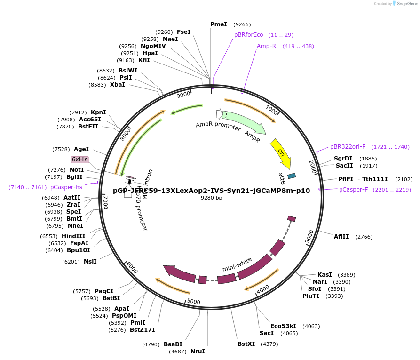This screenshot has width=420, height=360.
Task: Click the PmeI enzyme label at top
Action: click(x=218, y=24)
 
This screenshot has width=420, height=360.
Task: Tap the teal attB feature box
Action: click(x=292, y=176)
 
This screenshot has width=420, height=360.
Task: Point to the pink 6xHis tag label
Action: click(x=79, y=160)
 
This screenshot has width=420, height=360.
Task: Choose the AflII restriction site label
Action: click(x=341, y=236)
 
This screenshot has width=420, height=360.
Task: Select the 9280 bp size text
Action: click(x=211, y=198)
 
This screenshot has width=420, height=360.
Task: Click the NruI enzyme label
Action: click(x=198, y=351)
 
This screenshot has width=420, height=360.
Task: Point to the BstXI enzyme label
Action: click(x=246, y=344)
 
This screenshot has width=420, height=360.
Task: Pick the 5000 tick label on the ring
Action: click(x=194, y=301)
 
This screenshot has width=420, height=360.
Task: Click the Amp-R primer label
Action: click(x=266, y=46)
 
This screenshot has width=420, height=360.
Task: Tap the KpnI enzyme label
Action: click(x=98, y=112)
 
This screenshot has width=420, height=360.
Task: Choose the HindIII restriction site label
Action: click(x=73, y=236)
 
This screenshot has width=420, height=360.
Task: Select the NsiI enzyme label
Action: click(x=90, y=261)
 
